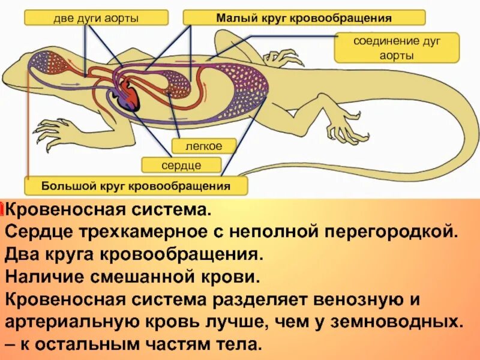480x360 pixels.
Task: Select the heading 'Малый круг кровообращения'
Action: click(304, 17)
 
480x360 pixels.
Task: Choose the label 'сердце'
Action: click(181, 164)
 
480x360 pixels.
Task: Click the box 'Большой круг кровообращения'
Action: click(136, 185)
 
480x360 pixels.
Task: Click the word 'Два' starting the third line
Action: click(20, 254)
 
